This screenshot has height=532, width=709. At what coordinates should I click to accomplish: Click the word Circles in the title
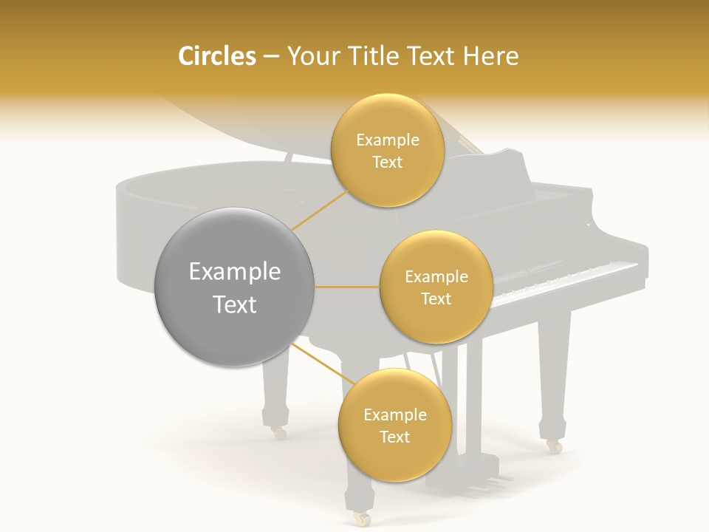(x=217, y=56)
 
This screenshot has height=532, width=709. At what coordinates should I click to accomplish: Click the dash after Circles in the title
(x=270, y=57)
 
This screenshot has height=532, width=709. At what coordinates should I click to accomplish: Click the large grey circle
(x=235, y=287)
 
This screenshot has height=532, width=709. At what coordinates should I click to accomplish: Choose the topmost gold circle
(x=387, y=151)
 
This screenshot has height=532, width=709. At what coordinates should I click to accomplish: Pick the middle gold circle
(x=436, y=287)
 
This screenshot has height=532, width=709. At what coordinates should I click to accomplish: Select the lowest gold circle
(x=394, y=425)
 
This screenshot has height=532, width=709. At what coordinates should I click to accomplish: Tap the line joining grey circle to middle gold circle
(x=347, y=287)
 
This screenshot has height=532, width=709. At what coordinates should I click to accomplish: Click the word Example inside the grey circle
(x=235, y=272)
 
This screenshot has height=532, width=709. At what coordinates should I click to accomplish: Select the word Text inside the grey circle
(x=235, y=304)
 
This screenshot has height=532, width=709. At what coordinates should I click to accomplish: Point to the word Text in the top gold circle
(x=387, y=163)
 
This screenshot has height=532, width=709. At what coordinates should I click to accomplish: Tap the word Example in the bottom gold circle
(x=394, y=415)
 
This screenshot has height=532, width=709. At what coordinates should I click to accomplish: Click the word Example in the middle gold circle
(x=436, y=277)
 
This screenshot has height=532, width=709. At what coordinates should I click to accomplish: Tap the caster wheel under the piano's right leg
(x=553, y=446)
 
